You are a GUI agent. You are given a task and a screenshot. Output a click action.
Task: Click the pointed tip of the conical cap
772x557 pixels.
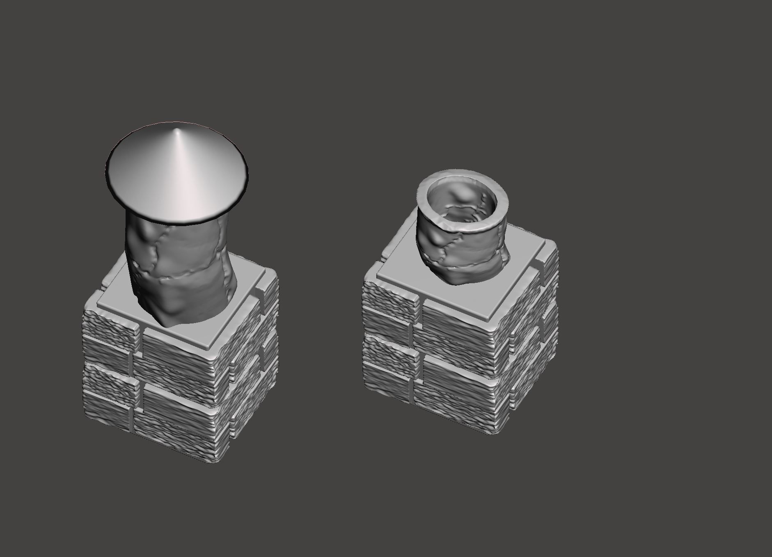178,131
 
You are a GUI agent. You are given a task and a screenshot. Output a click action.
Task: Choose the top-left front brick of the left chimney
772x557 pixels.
110,326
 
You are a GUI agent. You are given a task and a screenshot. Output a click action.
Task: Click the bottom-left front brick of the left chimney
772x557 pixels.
108,404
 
